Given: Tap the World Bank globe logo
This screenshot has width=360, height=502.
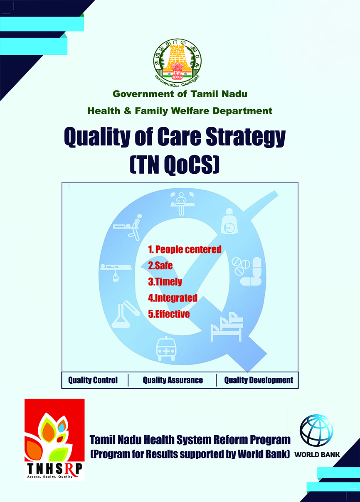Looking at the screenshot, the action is (316, 431).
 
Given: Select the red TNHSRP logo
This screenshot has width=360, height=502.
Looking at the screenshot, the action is (54, 440).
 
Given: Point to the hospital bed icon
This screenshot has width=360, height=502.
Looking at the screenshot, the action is (227, 327).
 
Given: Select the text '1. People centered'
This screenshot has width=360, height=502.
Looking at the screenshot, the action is (185, 249).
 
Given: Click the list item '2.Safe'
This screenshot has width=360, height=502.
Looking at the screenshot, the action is (160, 266).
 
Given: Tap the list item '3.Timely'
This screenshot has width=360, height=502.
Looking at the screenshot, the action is (165, 282).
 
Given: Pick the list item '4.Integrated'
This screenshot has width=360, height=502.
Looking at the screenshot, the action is (173, 298).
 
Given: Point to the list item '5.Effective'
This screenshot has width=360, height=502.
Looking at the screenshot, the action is (169, 314).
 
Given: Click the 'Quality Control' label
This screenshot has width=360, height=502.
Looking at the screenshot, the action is (93, 380).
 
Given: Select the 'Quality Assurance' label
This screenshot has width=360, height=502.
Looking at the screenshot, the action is (173, 380).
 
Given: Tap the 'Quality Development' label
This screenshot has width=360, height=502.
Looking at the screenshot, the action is (259, 380).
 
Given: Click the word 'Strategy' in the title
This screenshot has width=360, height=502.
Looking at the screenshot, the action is (246, 137).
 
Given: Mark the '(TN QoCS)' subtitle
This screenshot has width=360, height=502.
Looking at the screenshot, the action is (175, 165).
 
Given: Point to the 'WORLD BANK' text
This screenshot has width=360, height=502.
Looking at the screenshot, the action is (317, 455).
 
